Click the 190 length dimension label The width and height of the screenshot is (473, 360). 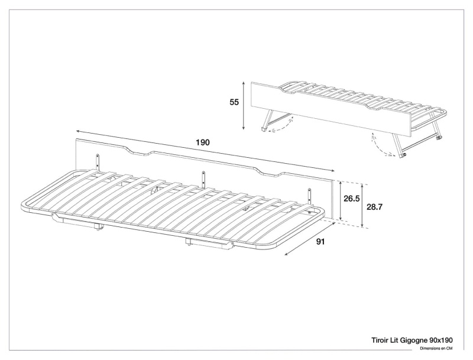point(202,142)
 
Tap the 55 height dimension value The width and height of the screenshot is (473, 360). point(234,102)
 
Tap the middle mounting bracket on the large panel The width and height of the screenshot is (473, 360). point(204,177)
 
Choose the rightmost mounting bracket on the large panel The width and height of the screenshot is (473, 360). point(309,194)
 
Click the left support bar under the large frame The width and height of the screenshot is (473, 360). point(77,222)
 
